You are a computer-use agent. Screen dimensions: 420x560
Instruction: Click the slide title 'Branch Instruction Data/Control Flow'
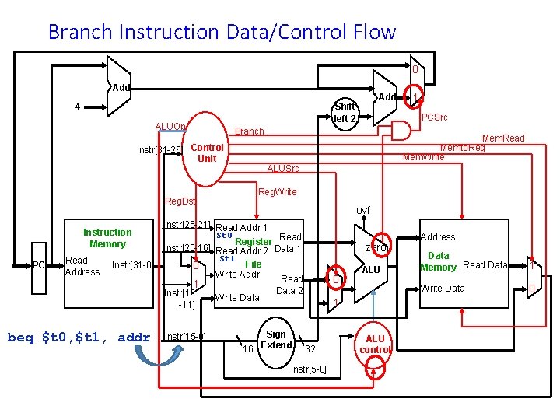tap(222, 32)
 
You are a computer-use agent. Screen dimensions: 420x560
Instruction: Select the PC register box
tap(38, 266)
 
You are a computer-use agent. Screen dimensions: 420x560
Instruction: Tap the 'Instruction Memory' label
tap(107, 238)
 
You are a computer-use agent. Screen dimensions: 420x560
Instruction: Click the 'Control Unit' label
tap(207, 152)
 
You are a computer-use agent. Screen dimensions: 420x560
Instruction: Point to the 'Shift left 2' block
tap(345, 113)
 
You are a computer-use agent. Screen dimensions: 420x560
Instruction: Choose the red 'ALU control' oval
tap(375, 344)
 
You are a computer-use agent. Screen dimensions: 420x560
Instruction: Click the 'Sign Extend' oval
tap(275, 340)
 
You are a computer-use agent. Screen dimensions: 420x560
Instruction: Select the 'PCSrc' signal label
tap(436, 117)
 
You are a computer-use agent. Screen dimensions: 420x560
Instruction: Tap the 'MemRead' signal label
tap(503, 138)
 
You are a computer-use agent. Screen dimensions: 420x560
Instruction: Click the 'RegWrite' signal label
tap(277, 191)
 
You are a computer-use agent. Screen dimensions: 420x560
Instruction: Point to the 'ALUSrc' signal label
tap(282, 169)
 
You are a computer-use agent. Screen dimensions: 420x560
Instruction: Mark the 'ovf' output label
tap(363, 210)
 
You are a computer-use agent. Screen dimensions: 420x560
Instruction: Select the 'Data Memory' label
tap(438, 261)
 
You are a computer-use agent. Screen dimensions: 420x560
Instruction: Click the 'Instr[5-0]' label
tap(308, 369)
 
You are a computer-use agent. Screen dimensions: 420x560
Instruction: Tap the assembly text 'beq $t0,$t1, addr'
tap(78, 337)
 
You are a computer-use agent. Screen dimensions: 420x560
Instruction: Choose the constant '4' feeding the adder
tap(76, 107)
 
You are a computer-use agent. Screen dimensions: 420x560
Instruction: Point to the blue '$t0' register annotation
tap(225, 235)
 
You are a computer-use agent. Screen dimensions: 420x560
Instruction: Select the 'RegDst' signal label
tap(180, 201)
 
